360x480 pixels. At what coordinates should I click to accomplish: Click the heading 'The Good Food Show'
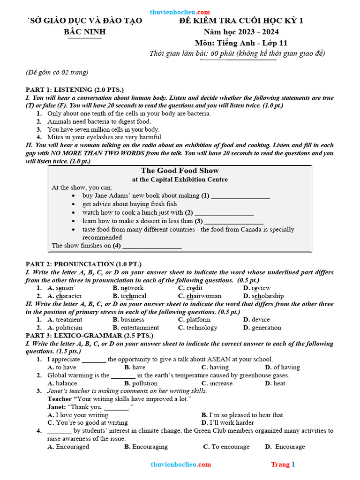[180, 171]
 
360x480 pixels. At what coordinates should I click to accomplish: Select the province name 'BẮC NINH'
[85, 32]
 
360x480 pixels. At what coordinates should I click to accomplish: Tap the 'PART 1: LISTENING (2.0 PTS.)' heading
[75, 90]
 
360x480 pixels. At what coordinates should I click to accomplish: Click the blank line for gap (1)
[240, 196]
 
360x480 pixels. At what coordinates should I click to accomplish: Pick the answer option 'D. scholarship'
[263, 296]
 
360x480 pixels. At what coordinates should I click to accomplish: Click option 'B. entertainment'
[136, 328]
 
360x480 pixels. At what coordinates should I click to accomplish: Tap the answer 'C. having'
[215, 367]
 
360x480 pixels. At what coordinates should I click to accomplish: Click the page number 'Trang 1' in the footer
[283, 465]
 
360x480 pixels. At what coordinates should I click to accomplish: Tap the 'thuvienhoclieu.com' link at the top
[180, 12]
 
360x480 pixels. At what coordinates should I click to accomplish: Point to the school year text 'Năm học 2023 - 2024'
[241, 32]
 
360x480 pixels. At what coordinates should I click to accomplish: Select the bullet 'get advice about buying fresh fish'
[130, 204]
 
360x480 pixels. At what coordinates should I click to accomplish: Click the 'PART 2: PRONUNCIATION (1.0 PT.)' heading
[83, 264]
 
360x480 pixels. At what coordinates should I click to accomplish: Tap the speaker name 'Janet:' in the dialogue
[57, 407]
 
